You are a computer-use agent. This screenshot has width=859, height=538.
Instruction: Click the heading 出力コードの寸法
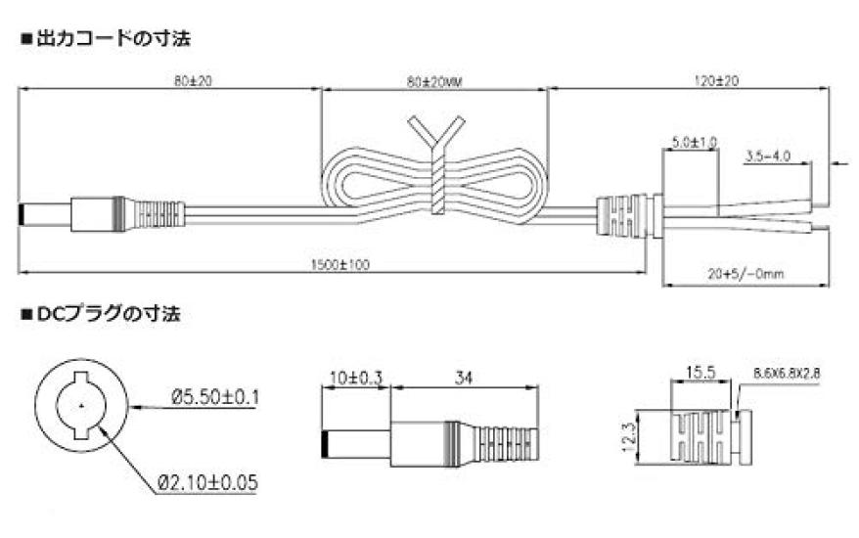(x=113, y=39)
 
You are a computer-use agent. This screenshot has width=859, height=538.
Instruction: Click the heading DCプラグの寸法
(x=109, y=314)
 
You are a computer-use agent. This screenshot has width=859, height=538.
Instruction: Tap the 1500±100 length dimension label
(x=340, y=265)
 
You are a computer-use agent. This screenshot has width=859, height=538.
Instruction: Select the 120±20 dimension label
(x=716, y=81)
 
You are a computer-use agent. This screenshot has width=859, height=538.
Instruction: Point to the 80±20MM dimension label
(x=435, y=82)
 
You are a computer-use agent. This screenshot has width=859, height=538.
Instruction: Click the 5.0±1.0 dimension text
(x=694, y=143)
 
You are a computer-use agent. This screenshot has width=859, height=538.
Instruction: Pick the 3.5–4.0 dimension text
(x=768, y=157)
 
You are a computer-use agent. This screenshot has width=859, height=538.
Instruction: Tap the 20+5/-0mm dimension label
(x=746, y=273)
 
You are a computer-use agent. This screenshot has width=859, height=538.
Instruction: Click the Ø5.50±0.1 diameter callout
(x=215, y=396)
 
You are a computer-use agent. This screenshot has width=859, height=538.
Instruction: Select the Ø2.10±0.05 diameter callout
(x=207, y=482)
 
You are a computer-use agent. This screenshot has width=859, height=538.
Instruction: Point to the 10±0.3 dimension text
(x=355, y=378)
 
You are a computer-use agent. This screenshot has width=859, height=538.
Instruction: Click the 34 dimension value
(x=464, y=378)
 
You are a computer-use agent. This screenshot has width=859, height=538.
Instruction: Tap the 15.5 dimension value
(x=701, y=373)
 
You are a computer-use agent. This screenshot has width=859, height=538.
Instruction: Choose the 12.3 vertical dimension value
(x=629, y=436)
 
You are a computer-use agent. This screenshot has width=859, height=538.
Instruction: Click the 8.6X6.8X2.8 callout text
(x=787, y=374)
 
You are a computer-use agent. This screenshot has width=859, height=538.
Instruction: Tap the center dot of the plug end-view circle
(x=81, y=406)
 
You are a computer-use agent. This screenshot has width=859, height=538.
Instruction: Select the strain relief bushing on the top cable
(x=630, y=217)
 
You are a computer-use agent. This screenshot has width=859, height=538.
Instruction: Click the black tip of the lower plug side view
(x=324, y=445)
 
